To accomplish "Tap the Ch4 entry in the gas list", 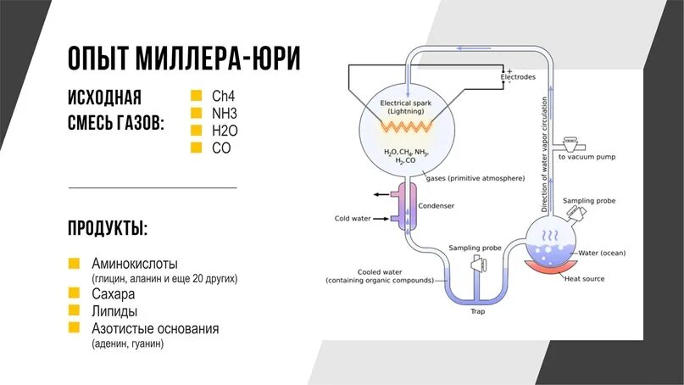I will [224, 95].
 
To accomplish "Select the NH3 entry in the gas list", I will [225, 112].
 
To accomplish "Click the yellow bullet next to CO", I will [196, 147].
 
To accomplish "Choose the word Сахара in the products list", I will [114, 294].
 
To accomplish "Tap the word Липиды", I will [114, 311].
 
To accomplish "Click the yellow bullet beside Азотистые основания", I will [74, 328].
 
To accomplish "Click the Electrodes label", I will [518, 77].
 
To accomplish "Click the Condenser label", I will [437, 206].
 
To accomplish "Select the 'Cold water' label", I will [353, 218].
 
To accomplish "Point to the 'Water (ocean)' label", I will [602, 253].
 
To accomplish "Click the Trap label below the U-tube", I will [477, 310].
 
